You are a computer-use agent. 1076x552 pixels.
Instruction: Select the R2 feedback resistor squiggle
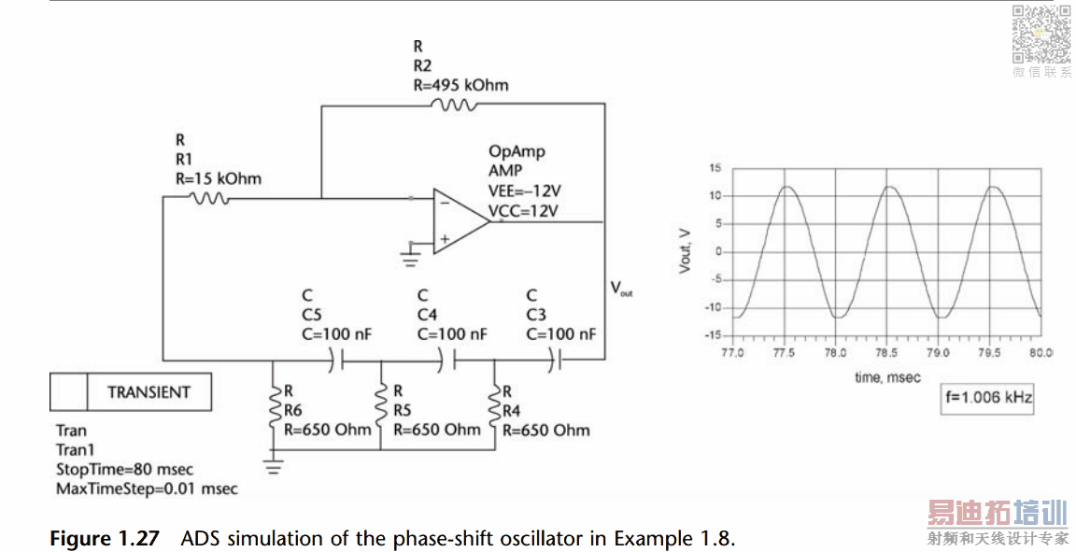(x=453, y=105)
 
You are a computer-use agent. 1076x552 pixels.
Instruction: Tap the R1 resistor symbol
(x=208, y=198)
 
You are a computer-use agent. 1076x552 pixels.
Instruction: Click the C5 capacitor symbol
(x=336, y=360)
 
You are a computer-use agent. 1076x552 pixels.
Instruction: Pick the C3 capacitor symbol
(x=555, y=359)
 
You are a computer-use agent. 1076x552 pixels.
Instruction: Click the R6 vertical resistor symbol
(x=275, y=409)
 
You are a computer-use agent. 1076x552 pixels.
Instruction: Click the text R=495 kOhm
(x=461, y=85)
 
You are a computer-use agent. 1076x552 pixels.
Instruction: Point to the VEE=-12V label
(x=524, y=191)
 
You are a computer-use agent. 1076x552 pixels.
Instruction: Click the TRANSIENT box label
(x=149, y=392)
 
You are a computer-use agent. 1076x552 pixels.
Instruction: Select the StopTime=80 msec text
(x=124, y=470)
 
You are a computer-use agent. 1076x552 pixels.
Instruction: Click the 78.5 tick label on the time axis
(x=885, y=353)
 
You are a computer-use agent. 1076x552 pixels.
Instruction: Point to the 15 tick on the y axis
(x=715, y=168)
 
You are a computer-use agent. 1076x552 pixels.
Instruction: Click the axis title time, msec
(x=887, y=377)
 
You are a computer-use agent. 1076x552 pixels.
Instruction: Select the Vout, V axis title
(x=685, y=251)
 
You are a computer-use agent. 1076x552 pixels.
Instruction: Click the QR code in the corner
(x=1041, y=35)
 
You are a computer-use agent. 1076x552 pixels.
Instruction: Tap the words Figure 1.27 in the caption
(x=105, y=538)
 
